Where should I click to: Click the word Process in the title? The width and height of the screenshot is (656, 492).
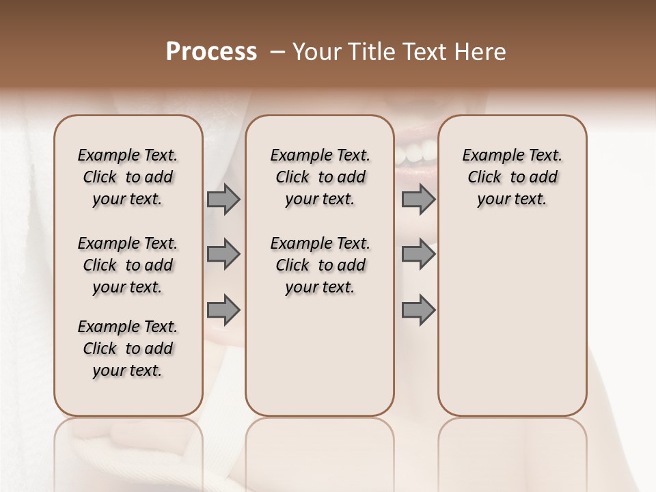211,52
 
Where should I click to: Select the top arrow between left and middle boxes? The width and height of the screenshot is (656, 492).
223,199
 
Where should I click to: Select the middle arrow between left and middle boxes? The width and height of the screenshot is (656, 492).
223,254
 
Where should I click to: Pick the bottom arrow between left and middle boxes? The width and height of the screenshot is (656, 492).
223,310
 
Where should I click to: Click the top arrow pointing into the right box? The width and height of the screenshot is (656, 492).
418,199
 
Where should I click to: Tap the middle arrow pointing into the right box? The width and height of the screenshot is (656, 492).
418,254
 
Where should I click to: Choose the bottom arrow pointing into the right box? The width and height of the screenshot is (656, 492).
418,310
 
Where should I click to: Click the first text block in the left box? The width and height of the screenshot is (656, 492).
128,177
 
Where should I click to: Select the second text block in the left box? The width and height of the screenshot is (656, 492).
128,265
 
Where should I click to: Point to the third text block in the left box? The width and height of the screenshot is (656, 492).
128,348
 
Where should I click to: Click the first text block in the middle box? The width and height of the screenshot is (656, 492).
320,177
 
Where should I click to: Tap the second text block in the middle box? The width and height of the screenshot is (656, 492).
320,265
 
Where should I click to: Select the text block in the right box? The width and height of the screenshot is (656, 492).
512,177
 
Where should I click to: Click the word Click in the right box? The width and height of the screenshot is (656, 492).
484,177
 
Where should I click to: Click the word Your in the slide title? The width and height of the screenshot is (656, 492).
316,52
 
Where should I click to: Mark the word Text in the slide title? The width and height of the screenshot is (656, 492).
428,52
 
